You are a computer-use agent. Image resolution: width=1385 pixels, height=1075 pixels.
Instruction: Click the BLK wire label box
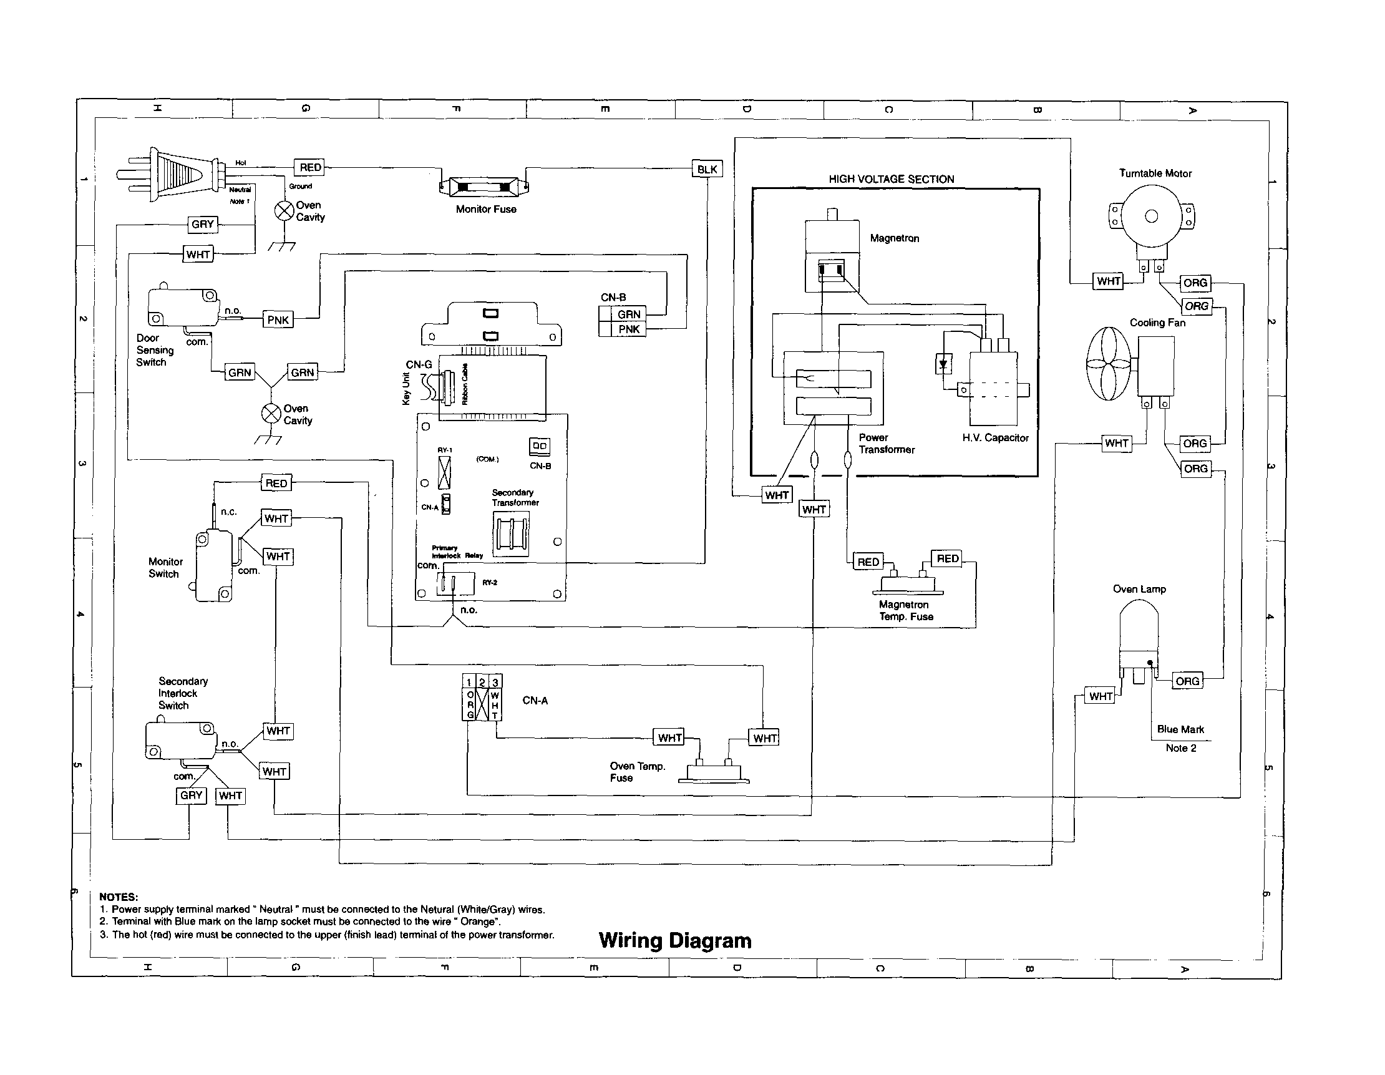706,169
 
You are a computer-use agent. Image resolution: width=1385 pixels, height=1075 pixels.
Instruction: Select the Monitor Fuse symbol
484,187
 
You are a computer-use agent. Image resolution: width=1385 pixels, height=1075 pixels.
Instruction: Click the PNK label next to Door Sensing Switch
278,319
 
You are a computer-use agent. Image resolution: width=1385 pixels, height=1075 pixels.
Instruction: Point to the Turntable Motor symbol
1151,218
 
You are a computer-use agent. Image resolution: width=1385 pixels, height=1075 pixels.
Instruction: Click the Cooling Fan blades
1108,363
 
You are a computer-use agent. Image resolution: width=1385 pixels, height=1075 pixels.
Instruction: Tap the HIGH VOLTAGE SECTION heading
891,180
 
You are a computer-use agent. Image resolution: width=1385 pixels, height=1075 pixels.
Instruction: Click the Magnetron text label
894,238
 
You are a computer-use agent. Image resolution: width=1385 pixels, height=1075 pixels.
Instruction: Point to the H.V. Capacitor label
995,437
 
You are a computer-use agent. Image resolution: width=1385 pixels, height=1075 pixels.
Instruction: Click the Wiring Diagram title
675,940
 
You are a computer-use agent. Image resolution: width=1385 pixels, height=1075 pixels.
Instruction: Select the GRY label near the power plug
203,224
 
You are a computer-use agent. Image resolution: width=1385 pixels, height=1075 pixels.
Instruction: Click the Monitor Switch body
214,567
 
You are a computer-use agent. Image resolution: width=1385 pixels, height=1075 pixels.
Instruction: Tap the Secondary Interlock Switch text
183,693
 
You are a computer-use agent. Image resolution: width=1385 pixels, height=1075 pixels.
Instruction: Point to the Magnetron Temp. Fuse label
906,610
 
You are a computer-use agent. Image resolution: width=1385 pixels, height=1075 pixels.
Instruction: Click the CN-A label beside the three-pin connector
535,701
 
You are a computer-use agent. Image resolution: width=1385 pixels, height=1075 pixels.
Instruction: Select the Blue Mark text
1180,729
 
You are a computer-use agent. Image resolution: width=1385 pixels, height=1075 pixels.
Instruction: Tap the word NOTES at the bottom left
119,897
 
